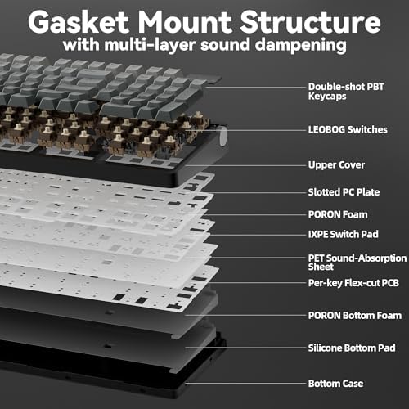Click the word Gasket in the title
pos(79,22)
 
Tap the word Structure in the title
pos(310,22)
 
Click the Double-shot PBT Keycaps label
pos(346,92)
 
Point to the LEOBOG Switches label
pos(348,129)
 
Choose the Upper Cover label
pos(336,165)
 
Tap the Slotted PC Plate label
pos(344,192)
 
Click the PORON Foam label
pos(338,214)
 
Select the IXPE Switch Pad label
pos(344,234)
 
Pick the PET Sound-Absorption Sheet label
pos(357,263)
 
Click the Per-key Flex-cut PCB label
pos(353,283)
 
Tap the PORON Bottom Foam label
pos(355,316)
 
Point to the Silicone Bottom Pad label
pos(352,348)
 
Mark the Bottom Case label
pos(335,384)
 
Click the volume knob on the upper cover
pos(223,137)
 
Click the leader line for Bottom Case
pos(245,384)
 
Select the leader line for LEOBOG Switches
pos(245,130)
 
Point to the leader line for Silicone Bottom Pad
pos(245,348)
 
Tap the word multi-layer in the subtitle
pos(150,45)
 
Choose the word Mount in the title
pos(185,22)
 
